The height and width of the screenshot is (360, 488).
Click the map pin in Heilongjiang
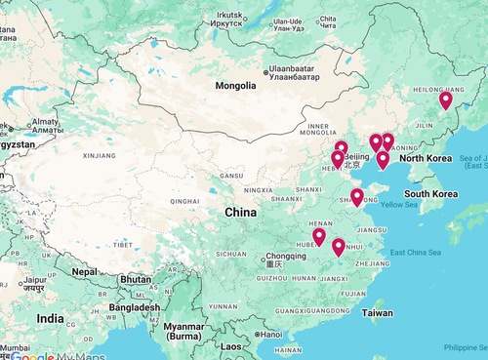coord(446,100)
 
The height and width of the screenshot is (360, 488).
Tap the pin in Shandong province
coord(357,197)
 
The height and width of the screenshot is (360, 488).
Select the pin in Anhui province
coord(339,247)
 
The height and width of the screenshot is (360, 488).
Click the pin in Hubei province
coord(319,236)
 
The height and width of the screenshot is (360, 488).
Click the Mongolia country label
coord(236,86)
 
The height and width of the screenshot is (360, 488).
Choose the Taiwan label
coord(377,313)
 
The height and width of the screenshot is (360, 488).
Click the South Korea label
coord(431,194)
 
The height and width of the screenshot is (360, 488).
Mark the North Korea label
coord(426,158)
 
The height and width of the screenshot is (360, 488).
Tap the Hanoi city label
coord(269,335)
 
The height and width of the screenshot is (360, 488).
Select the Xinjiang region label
coord(100,155)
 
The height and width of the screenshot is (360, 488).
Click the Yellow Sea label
coord(398,205)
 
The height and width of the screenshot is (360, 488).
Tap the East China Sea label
coord(418,254)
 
